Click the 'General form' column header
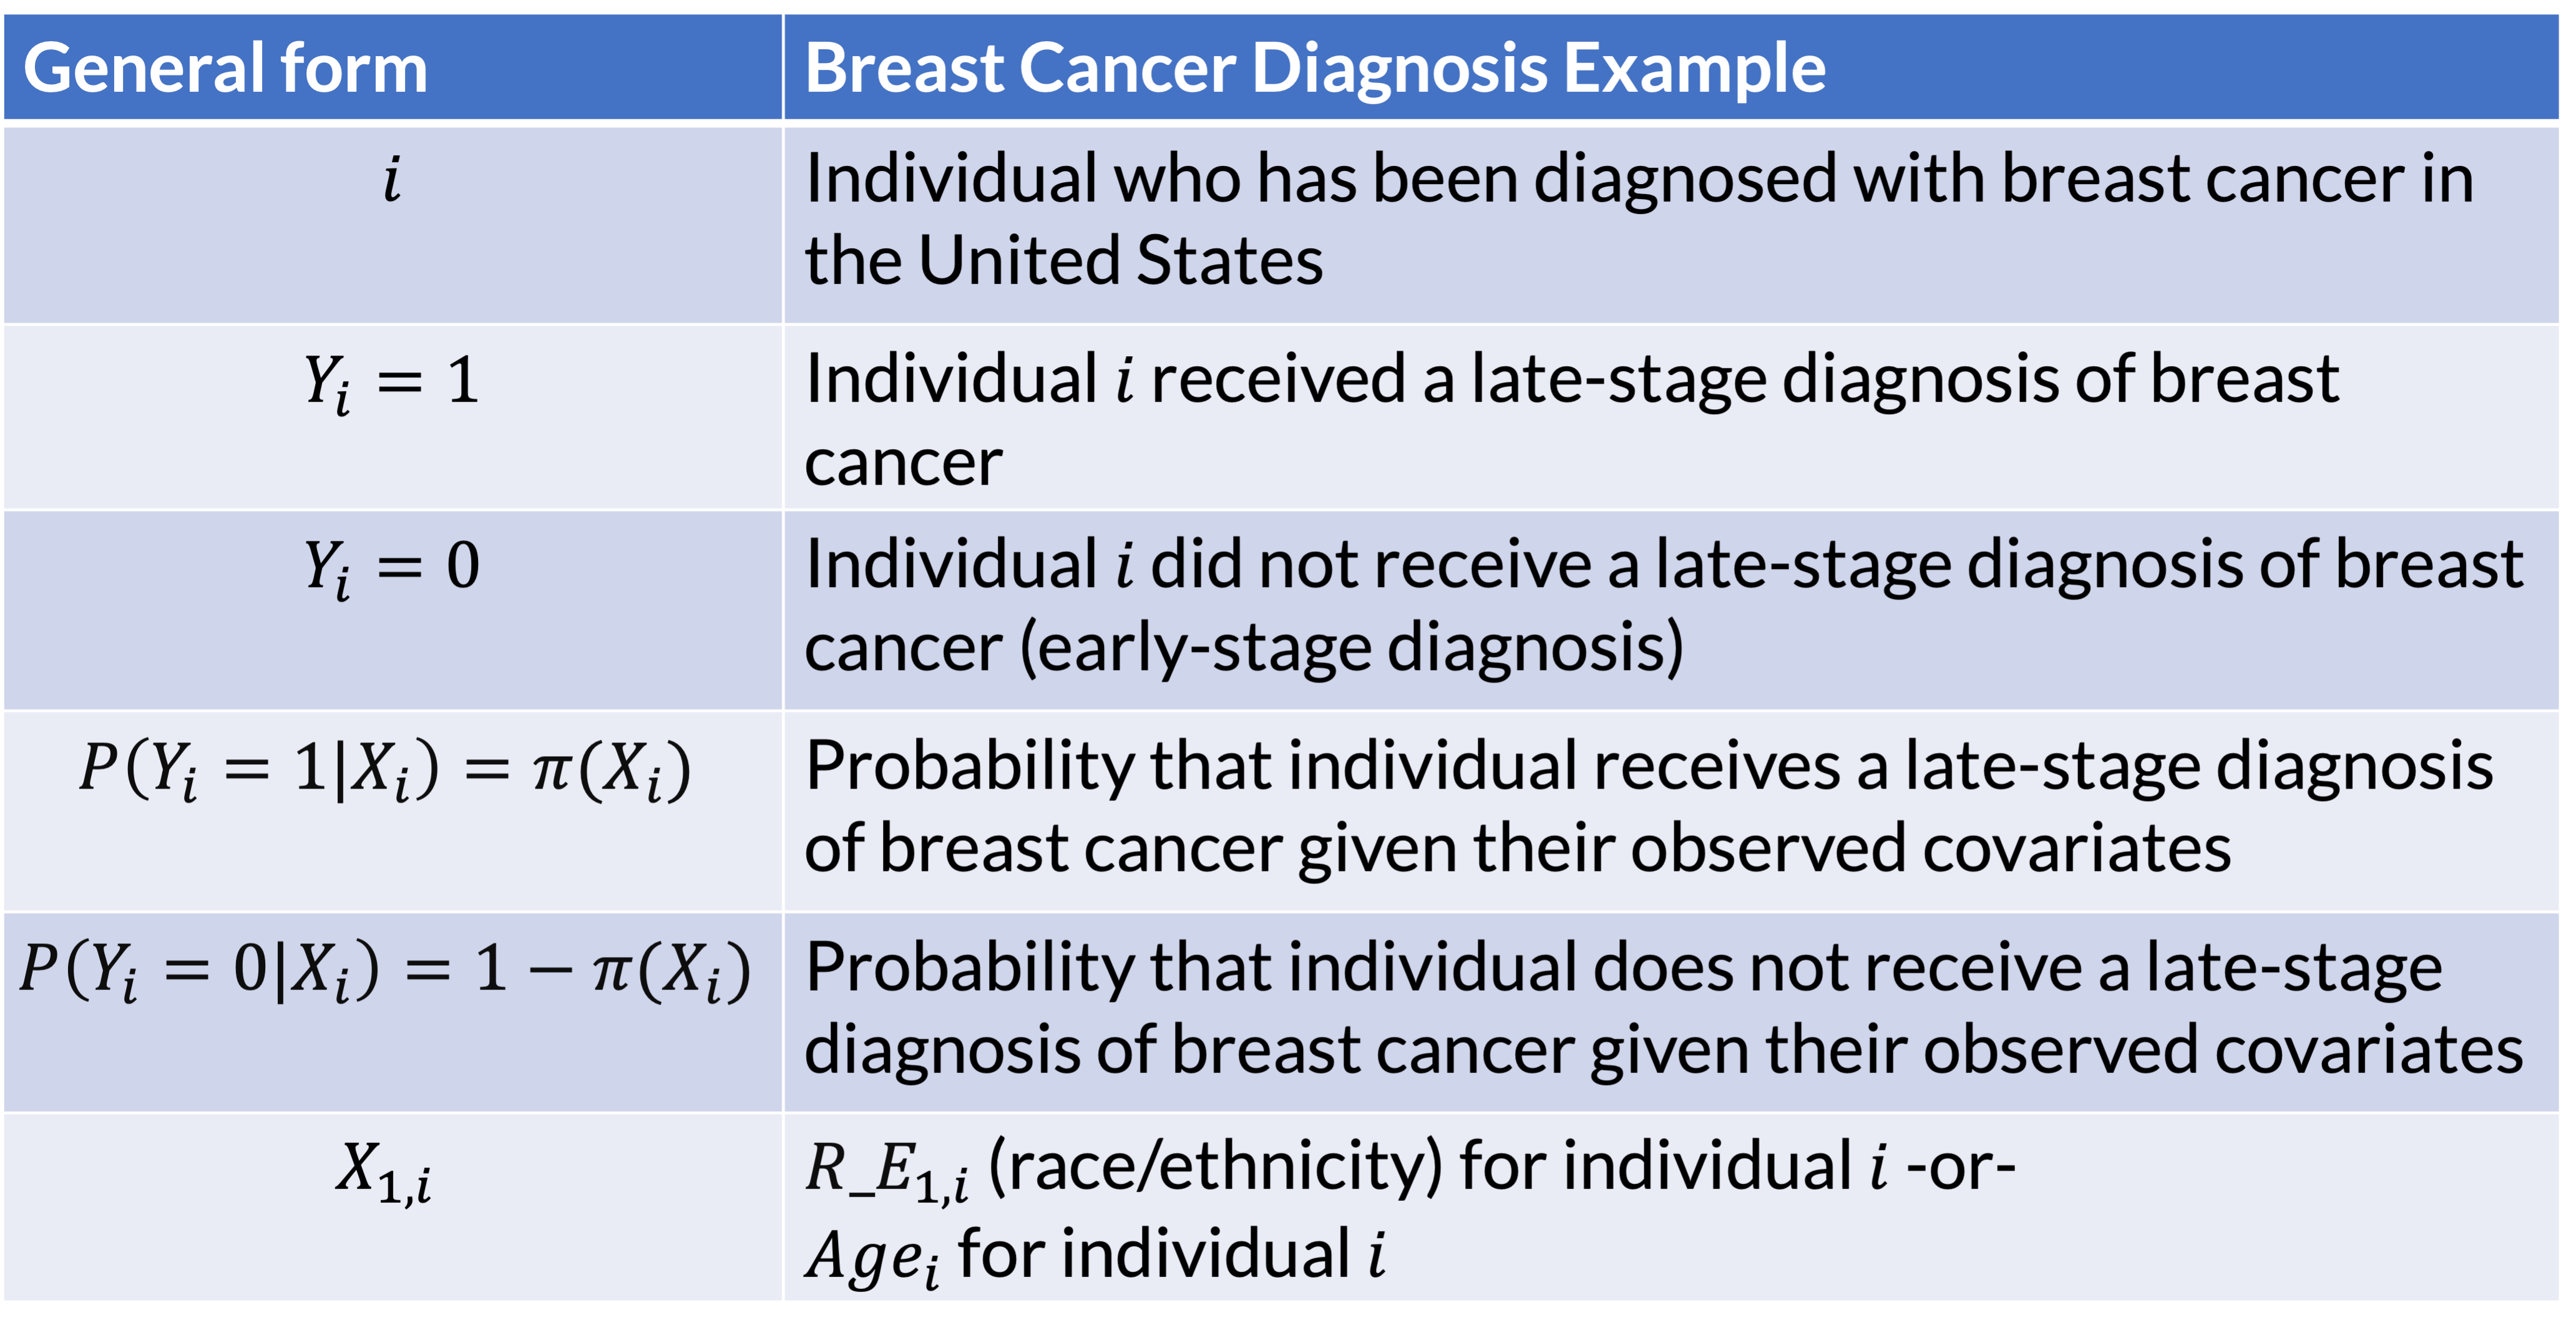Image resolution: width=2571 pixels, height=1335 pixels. pyautogui.click(x=225, y=68)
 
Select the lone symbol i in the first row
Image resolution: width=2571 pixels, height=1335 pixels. pyautogui.click(x=393, y=180)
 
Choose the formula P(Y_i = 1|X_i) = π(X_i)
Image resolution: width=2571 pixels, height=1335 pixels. pyautogui.click(x=385, y=770)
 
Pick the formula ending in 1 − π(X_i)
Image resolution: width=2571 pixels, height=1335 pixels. pyautogui.click(x=385, y=971)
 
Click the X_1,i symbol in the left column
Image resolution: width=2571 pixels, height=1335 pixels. pyautogui.click(x=383, y=1172)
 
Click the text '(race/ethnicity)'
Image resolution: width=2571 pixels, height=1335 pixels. pyautogui.click(x=1214, y=1167)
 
